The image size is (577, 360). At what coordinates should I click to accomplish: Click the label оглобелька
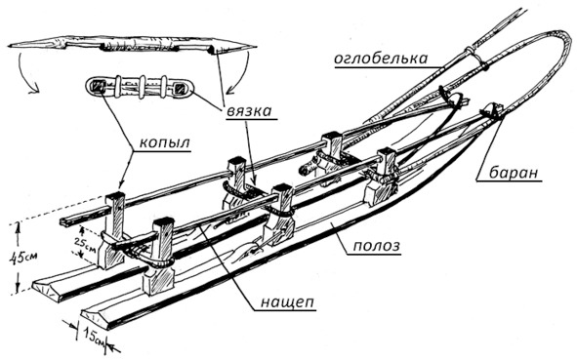381,59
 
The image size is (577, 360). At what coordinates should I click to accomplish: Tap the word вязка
249,110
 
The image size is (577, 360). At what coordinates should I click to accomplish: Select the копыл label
164,142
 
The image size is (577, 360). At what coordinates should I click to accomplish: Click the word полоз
376,245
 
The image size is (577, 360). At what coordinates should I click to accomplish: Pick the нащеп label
287,302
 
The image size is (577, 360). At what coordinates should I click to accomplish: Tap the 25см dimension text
86,244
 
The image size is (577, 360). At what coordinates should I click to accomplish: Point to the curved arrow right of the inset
239,73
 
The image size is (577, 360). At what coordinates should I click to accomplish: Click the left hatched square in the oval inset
99,86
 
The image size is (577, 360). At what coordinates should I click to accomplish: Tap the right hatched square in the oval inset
180,88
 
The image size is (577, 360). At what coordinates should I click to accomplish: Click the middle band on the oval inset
142,88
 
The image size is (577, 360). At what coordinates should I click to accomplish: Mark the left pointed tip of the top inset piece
9,46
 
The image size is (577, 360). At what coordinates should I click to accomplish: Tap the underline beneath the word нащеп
285,311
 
